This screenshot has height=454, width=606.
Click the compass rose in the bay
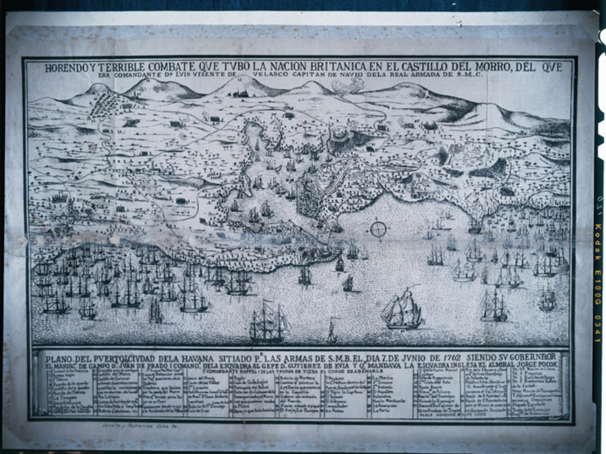[x=378, y=229]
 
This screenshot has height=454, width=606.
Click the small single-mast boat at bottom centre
[x=332, y=331]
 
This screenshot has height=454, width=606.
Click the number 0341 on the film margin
[x=599, y=329]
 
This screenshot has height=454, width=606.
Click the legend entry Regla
[x=239, y=378]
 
